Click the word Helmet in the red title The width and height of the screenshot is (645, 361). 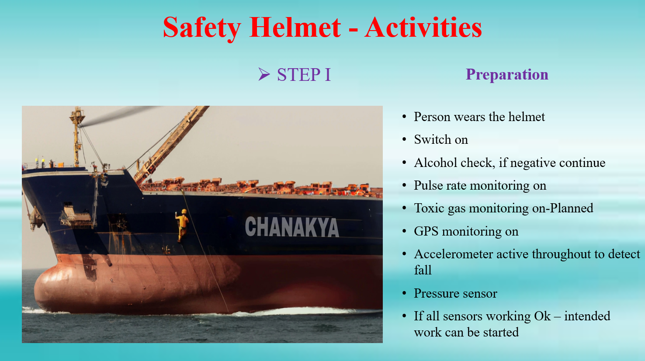(295, 28)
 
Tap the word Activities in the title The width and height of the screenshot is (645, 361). (423, 28)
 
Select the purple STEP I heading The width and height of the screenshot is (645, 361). (304, 75)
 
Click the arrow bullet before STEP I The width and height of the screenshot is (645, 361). (264, 74)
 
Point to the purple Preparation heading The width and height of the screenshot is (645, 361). (507, 74)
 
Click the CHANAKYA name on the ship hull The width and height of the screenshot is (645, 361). (292, 227)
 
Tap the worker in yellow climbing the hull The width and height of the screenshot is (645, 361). (182, 226)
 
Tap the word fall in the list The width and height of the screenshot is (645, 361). (423, 270)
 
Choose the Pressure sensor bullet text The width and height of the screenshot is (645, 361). (455, 293)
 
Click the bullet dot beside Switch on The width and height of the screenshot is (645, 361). (404, 139)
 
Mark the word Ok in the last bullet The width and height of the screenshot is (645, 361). (542, 316)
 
